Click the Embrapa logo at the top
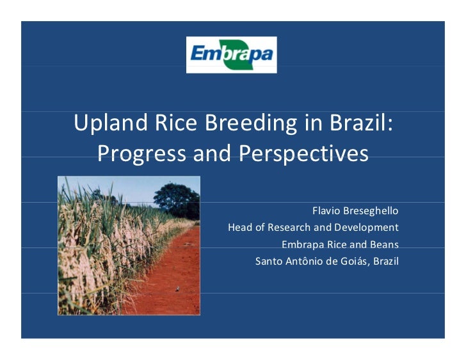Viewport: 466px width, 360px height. click(232, 54)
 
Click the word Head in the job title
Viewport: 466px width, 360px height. click(240, 227)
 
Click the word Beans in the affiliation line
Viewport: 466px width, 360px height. click(384, 244)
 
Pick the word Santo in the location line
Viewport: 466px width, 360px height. click(268, 261)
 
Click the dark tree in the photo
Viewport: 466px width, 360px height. click(177, 198)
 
